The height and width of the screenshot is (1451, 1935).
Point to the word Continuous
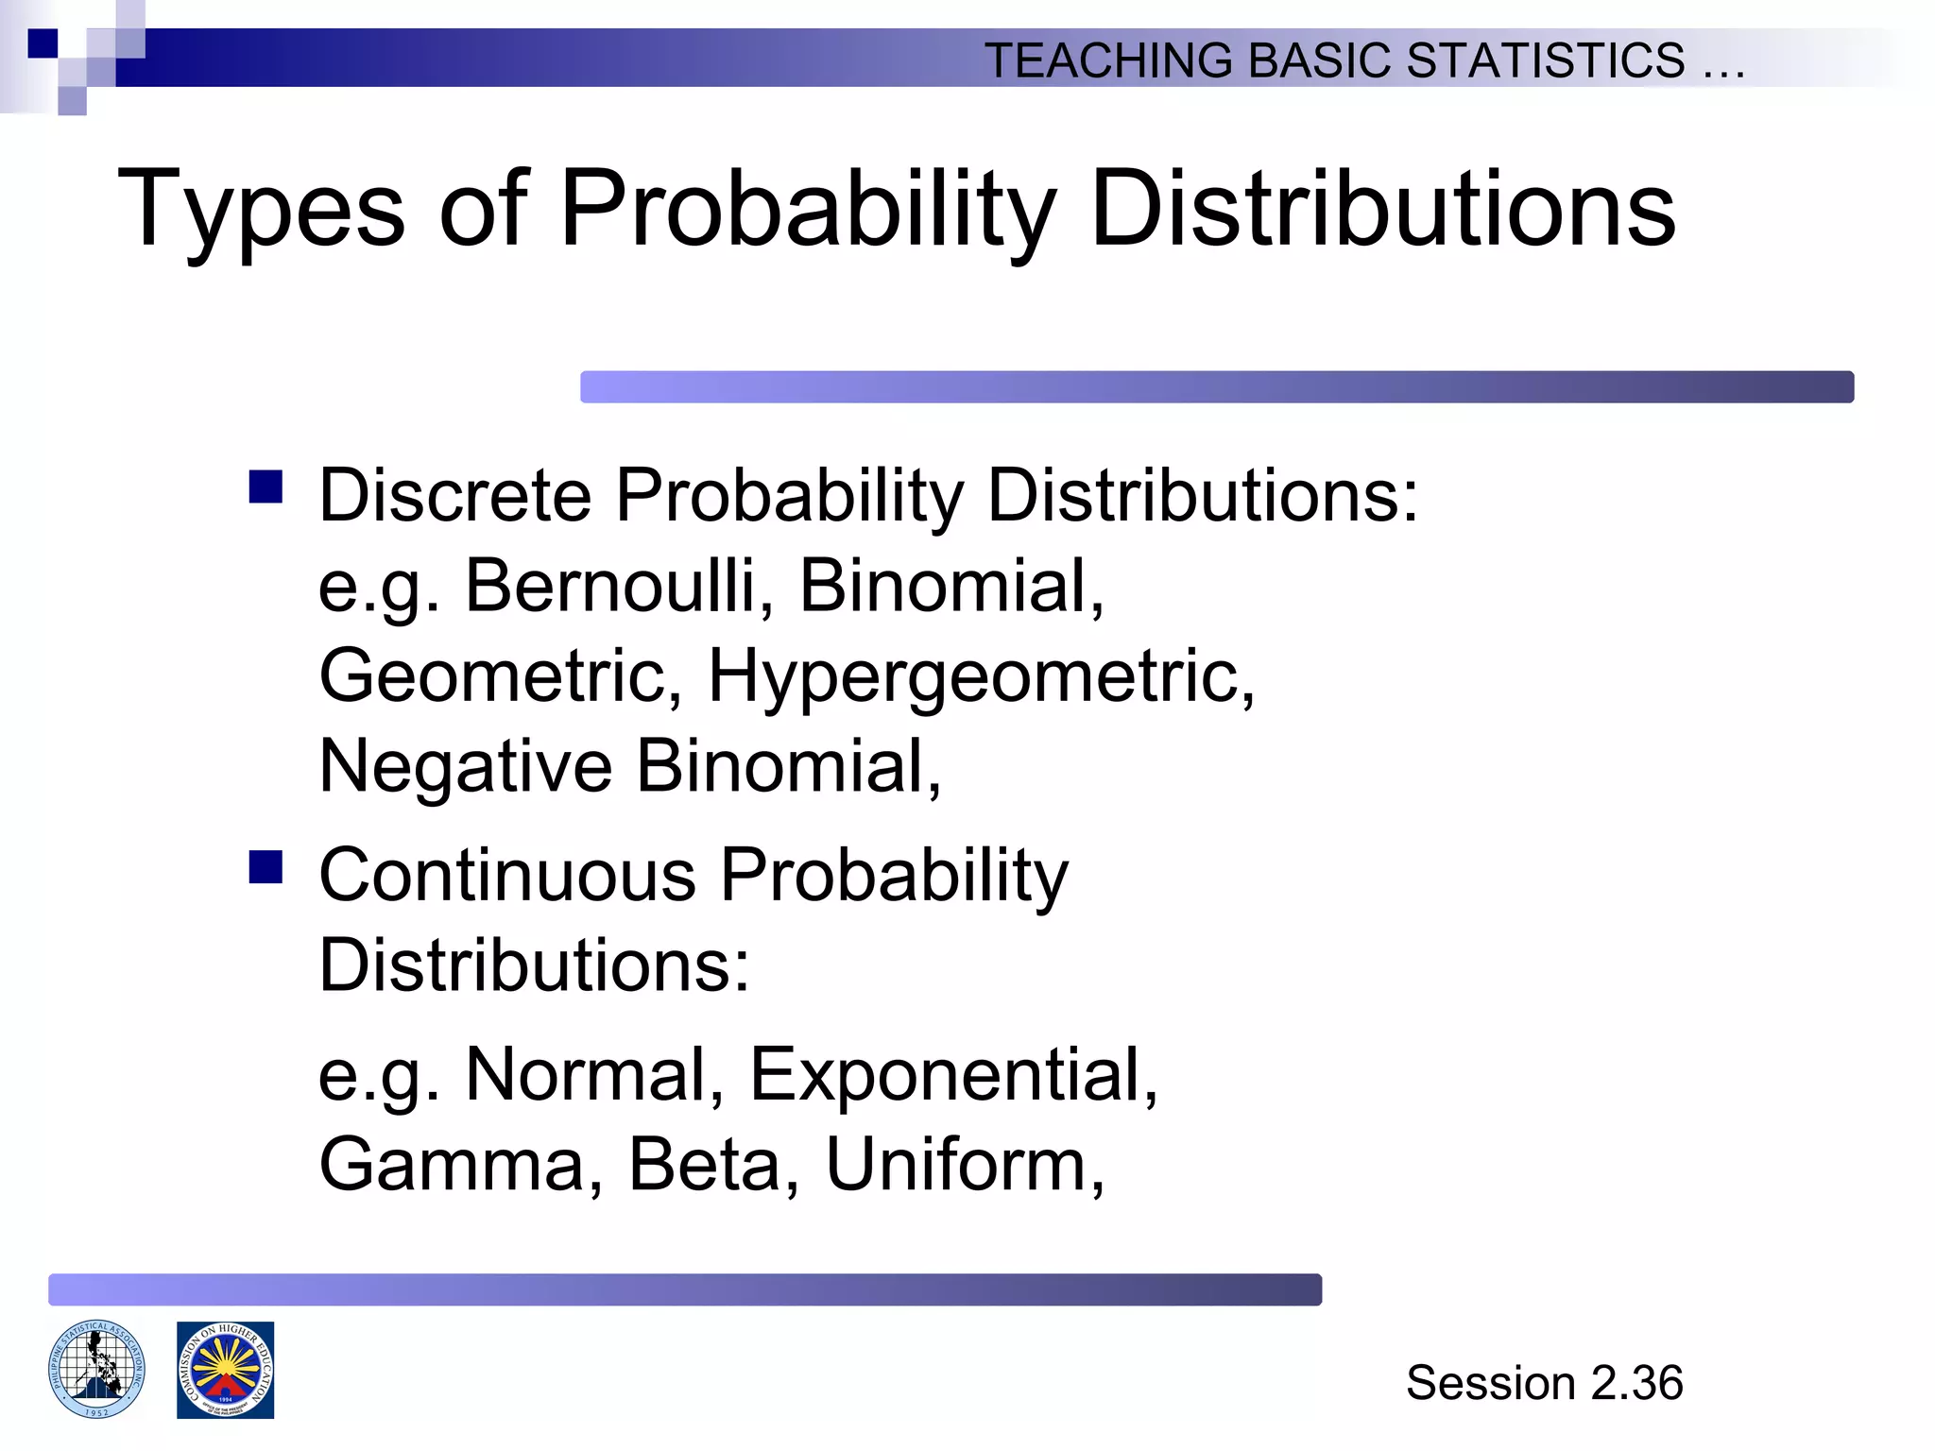pyautogui.click(x=507, y=875)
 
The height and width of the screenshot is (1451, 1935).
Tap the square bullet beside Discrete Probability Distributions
pyautogui.click(x=266, y=487)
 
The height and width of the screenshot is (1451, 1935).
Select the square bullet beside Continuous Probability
pyautogui.click(x=266, y=866)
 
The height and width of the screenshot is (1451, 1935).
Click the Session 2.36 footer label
pyautogui.click(x=1544, y=1383)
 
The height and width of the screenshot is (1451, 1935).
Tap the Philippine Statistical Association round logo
pyautogui.click(x=96, y=1369)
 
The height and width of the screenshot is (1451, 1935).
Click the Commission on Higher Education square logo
pyautogui.click(x=225, y=1370)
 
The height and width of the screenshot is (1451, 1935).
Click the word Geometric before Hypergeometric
pyautogui.click(x=500, y=676)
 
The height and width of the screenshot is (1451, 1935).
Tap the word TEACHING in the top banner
pyautogui.click(x=1108, y=60)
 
